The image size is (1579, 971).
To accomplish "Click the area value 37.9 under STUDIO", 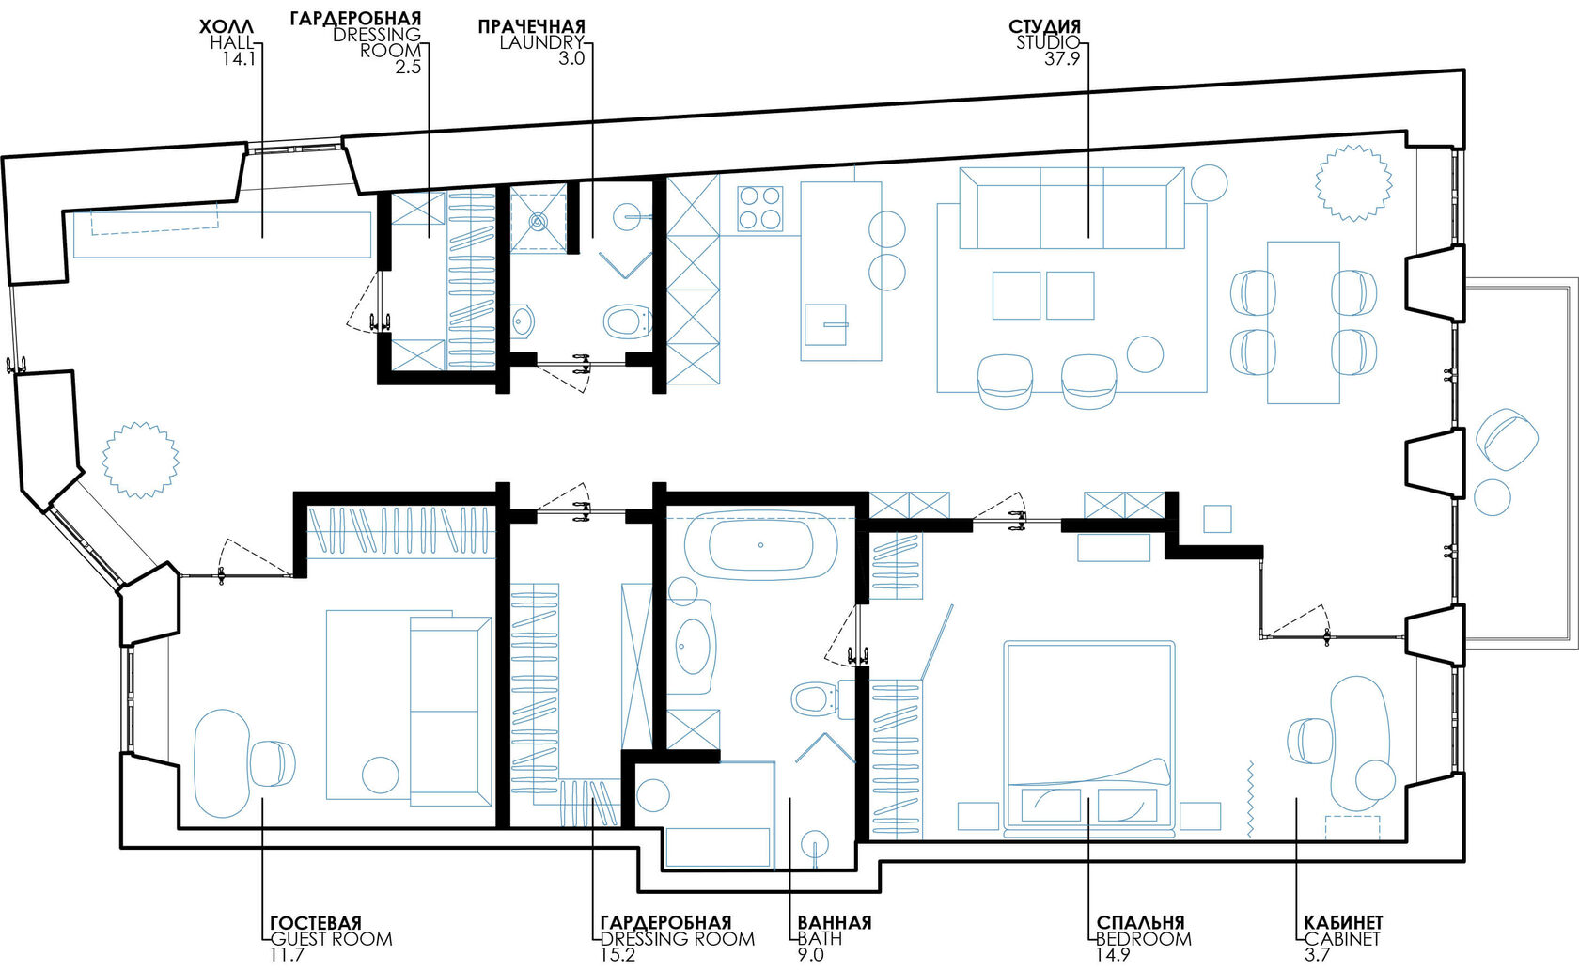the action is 1062,59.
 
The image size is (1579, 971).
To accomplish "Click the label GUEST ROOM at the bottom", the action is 331,938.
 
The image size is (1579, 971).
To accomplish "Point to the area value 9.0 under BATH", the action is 810,955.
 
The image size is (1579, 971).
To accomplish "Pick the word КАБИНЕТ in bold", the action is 1344,922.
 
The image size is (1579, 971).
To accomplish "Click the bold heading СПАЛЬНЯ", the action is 1141,922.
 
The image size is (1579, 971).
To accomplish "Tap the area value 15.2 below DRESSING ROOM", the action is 618,955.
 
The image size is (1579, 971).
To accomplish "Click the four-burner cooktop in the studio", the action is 759,209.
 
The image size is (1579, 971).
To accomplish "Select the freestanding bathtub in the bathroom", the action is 760,545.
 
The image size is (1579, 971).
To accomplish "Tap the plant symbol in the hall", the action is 140,460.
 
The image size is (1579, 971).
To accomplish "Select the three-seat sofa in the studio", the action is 1071,208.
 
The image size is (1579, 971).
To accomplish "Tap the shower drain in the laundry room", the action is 538,221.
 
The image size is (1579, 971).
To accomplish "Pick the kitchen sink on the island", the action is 825,324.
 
